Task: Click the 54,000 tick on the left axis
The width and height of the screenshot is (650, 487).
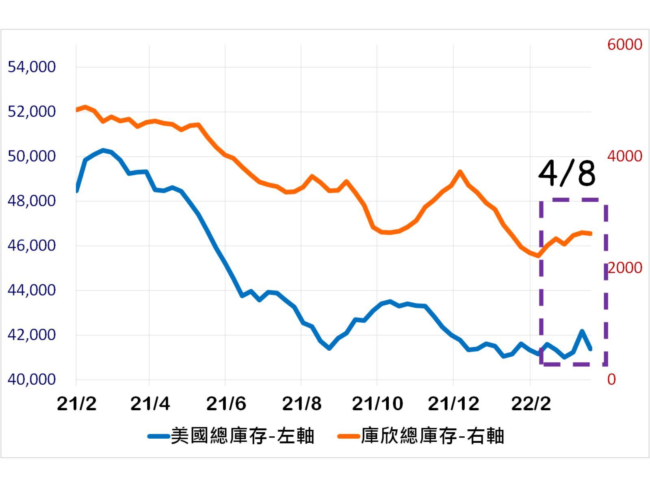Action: (x=31, y=67)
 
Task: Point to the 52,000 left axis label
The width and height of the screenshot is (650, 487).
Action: (x=31, y=112)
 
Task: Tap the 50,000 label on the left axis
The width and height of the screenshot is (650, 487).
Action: (x=31, y=156)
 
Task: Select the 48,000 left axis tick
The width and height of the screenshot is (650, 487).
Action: (x=31, y=201)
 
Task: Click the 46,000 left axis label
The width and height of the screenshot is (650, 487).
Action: (x=31, y=246)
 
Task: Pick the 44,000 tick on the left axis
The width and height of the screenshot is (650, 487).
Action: (x=31, y=290)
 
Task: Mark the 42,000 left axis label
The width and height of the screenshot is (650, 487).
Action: (x=31, y=335)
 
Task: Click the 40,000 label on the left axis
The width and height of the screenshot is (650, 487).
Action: (x=31, y=379)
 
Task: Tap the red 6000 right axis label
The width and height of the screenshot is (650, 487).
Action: (x=624, y=45)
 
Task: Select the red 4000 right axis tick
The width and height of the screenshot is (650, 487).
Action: (x=624, y=156)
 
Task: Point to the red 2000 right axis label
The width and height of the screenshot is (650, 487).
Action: (x=624, y=268)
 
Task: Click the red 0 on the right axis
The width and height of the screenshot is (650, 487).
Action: (x=611, y=379)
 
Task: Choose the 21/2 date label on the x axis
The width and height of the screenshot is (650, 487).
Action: (x=76, y=404)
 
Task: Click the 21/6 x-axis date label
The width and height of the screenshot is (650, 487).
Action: (x=226, y=404)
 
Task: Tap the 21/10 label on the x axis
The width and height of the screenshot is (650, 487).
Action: (x=377, y=404)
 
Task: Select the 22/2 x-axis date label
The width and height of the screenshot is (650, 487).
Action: (x=531, y=404)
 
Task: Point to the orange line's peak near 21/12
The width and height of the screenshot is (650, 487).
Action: (x=460, y=172)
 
